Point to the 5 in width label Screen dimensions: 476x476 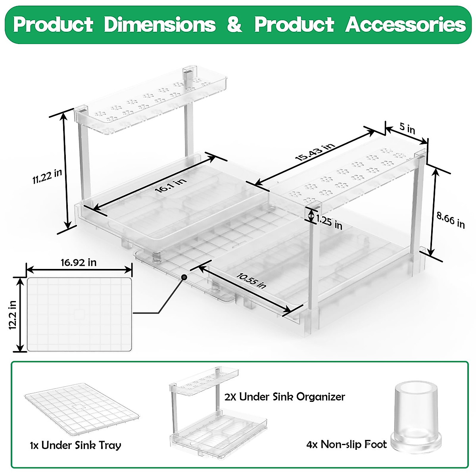point(407,129)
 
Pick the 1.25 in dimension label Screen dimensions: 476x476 point(330,223)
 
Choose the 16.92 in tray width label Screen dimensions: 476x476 point(79,263)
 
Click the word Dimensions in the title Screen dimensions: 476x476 point(160,25)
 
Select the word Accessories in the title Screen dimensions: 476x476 point(405,25)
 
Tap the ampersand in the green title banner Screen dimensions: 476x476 point(235,25)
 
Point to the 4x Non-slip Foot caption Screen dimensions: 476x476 point(346,444)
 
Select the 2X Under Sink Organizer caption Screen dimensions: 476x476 point(284,397)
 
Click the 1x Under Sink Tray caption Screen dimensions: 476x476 point(75,445)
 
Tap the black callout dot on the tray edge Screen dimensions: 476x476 point(184,277)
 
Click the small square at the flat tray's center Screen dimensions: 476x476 point(79,314)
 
